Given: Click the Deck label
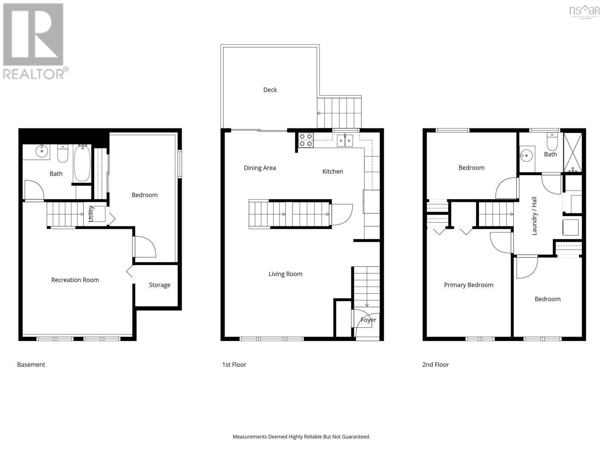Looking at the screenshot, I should pos(270,90).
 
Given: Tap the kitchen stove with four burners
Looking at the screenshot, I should pos(306,140).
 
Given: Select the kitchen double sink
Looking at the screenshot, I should pos(345,140).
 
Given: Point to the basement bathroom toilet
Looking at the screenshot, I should pos(63,154).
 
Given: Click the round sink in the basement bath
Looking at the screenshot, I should pos(41,152).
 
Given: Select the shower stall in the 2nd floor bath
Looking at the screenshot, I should pos(572,153).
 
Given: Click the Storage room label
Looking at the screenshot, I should pos(159,285).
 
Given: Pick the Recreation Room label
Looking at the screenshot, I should pos(75,280).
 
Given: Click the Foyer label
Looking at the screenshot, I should pos(368,320).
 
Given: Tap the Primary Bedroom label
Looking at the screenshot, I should pos(468,285).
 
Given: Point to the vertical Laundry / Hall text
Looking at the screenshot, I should pos(534,216).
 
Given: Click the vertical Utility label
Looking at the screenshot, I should pos(90,214).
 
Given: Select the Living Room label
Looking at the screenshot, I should pos(285,274).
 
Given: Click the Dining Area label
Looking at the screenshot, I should pos(260,168).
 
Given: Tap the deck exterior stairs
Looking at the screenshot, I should pos(339,113).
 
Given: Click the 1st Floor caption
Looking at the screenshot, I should pos(234,365).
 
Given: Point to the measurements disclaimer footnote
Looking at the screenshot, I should pos(301,437).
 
